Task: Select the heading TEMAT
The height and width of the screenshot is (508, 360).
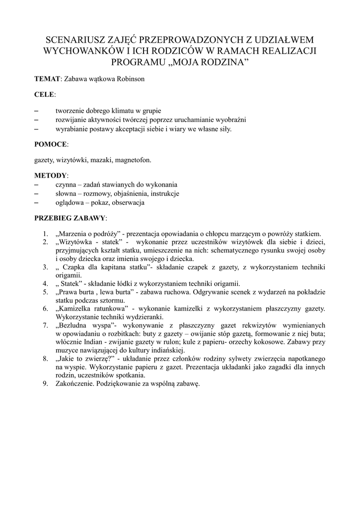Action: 47,78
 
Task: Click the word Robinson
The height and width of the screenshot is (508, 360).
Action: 131,78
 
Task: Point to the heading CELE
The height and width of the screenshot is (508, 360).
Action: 44,94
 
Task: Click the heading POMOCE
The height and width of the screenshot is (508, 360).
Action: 51,144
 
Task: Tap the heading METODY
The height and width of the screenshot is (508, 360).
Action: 50,176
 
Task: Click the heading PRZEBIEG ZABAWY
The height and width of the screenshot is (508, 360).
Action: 70,218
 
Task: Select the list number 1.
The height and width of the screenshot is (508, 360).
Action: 45,234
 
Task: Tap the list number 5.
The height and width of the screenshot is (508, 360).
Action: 45,292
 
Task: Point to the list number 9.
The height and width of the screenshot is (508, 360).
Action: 45,383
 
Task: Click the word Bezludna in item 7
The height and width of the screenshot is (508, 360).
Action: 74,325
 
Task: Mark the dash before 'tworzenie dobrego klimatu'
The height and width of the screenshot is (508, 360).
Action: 37,111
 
